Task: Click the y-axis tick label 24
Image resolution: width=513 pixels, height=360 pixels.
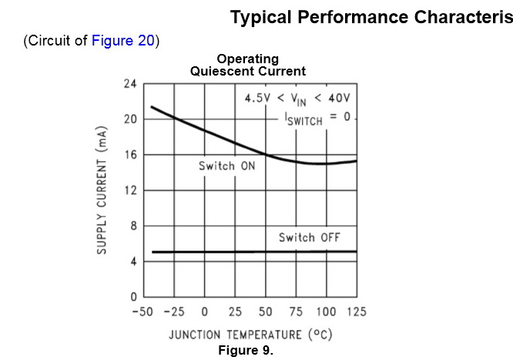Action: click(x=129, y=84)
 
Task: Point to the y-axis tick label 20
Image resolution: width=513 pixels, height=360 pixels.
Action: click(x=129, y=119)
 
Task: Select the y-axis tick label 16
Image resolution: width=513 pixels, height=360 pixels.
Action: click(x=129, y=155)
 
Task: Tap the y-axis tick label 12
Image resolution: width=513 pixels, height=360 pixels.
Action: click(x=129, y=190)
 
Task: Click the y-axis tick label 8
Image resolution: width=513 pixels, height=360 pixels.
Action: click(x=133, y=226)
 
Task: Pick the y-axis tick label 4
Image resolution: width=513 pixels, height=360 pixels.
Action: click(x=133, y=261)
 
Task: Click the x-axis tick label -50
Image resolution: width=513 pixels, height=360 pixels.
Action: click(x=142, y=312)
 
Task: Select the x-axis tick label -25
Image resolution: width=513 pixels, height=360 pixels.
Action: click(x=173, y=312)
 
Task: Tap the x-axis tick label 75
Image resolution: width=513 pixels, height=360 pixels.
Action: click(x=296, y=312)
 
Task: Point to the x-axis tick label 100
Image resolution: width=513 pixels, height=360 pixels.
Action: click(x=326, y=312)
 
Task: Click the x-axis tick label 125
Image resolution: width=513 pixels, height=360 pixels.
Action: click(x=356, y=312)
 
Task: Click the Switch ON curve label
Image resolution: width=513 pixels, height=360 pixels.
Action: click(x=226, y=167)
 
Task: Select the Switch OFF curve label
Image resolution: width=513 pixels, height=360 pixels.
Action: click(x=309, y=237)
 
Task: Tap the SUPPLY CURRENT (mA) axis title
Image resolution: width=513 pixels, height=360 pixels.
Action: click(x=102, y=190)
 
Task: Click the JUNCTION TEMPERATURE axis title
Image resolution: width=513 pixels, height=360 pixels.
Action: click(x=250, y=335)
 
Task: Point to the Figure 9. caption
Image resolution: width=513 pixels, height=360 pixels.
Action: click(x=246, y=351)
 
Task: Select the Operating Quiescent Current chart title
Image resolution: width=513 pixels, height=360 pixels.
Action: click(x=248, y=65)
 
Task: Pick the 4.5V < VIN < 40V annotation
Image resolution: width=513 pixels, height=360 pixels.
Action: click(x=297, y=98)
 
